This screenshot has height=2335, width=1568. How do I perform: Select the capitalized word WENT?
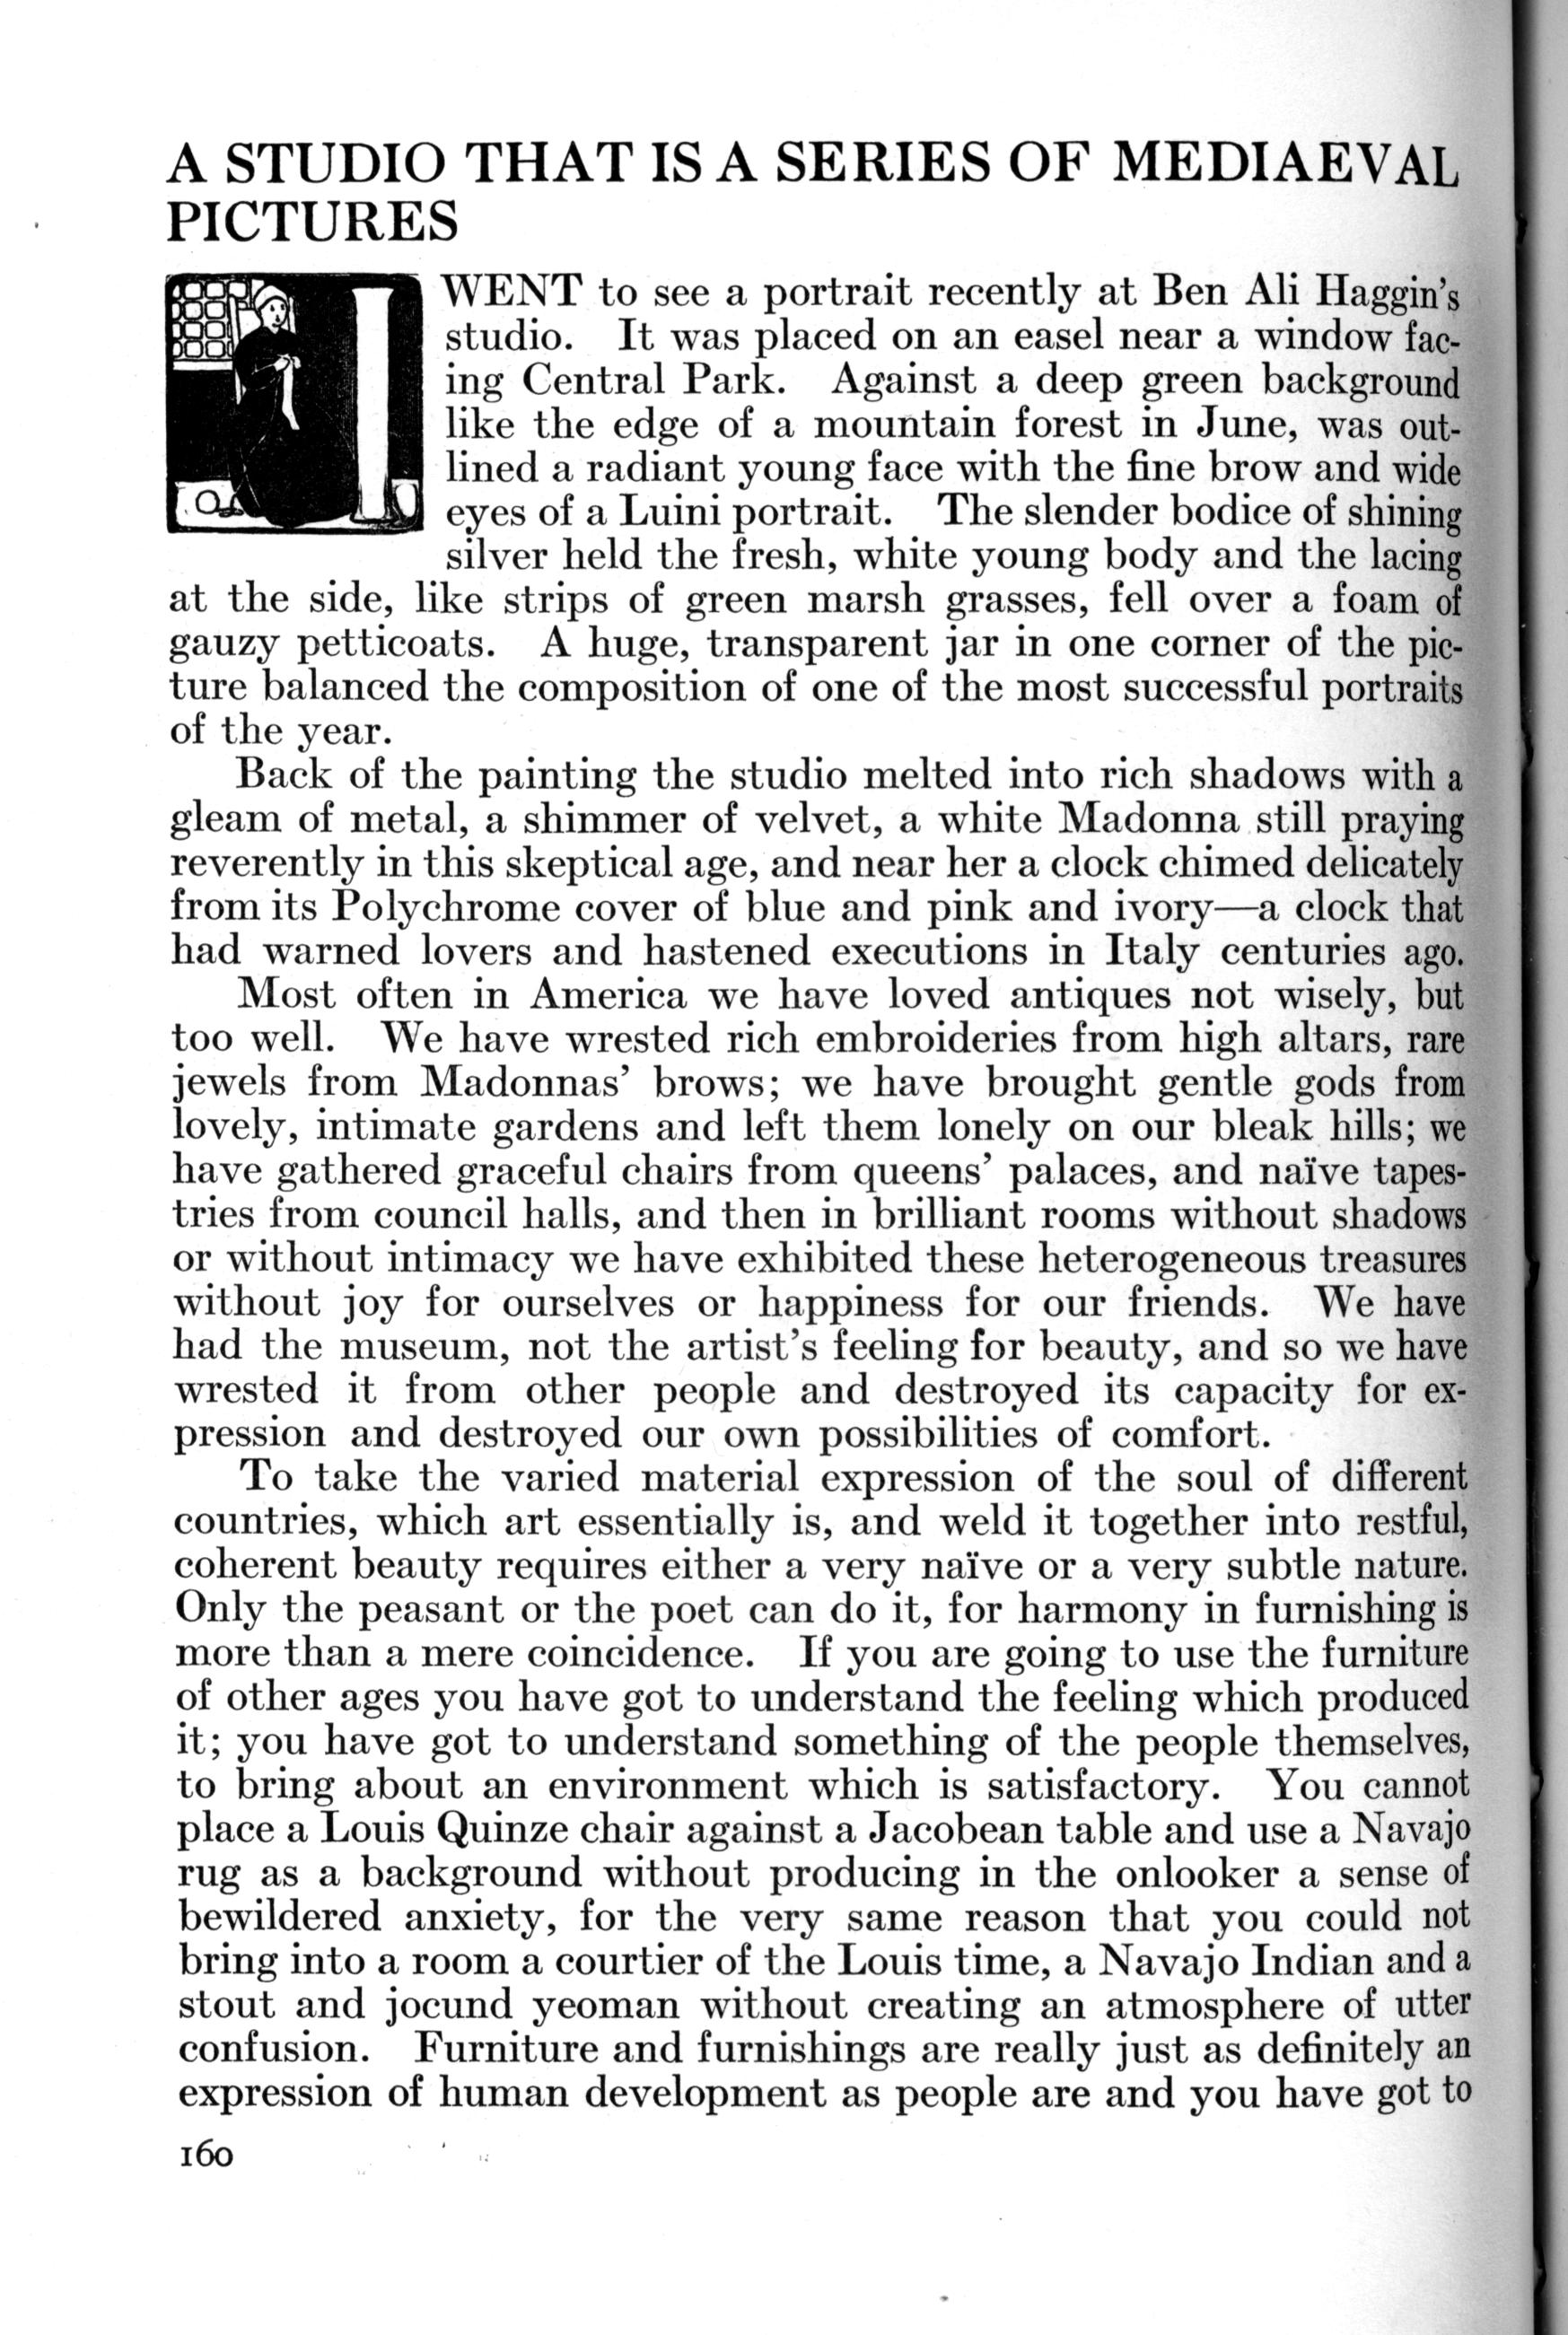click(x=513, y=292)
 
